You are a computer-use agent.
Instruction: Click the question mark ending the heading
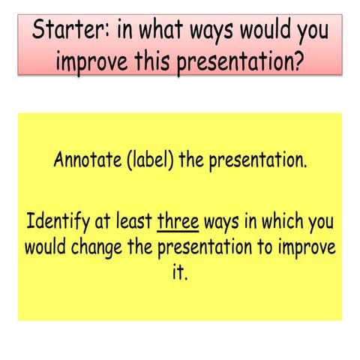(299, 62)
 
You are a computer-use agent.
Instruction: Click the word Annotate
(85, 160)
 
